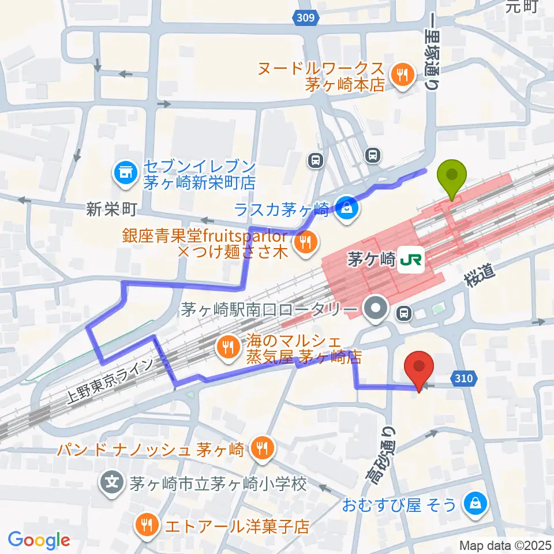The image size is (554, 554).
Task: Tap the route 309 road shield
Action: [306, 18]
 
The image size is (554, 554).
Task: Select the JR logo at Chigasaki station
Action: [411, 260]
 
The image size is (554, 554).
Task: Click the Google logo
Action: [39, 541]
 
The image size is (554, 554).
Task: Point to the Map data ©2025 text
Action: [505, 545]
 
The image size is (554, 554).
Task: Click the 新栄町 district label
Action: [112, 208]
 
